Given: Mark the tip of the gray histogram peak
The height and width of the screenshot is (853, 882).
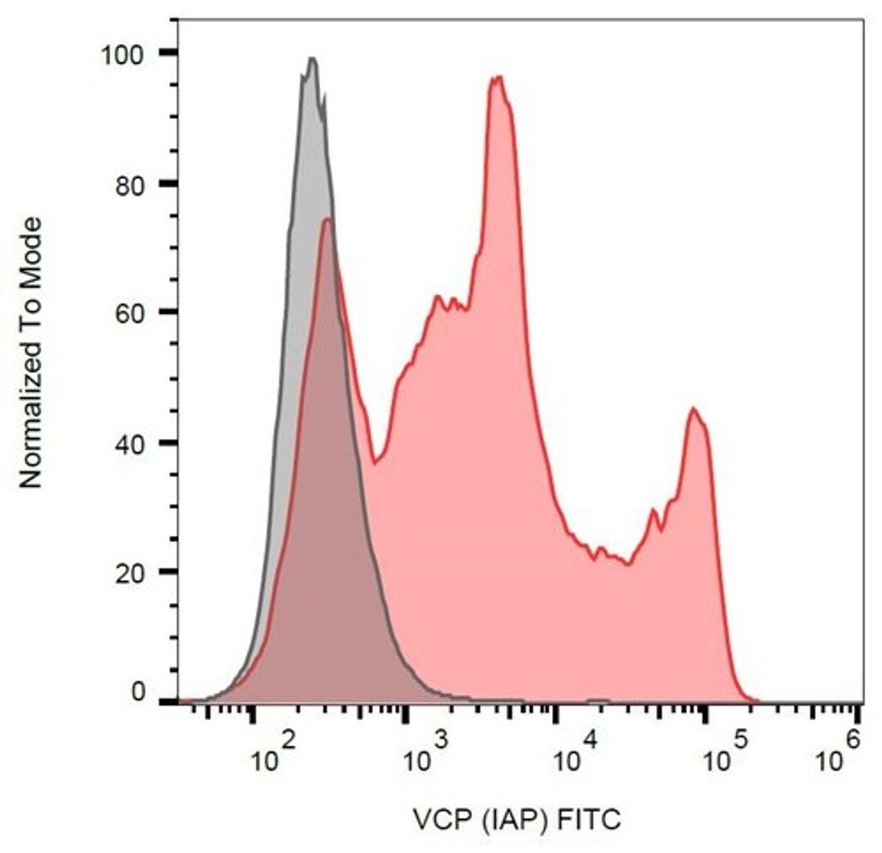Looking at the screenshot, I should click(x=311, y=58).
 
